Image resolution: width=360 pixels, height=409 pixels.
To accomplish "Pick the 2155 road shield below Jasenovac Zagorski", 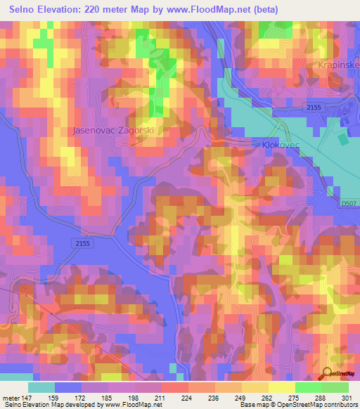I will (x=82, y=242).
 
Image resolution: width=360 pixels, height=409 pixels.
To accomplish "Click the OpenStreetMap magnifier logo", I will (x=328, y=373).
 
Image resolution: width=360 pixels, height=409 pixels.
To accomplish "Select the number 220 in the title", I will (x=103, y=10).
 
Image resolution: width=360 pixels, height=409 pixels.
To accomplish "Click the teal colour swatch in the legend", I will (x=41, y=387).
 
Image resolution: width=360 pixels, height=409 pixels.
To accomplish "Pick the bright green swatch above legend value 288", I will (x=308, y=387).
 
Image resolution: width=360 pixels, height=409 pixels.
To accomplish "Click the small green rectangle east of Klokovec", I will (x=342, y=139).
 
